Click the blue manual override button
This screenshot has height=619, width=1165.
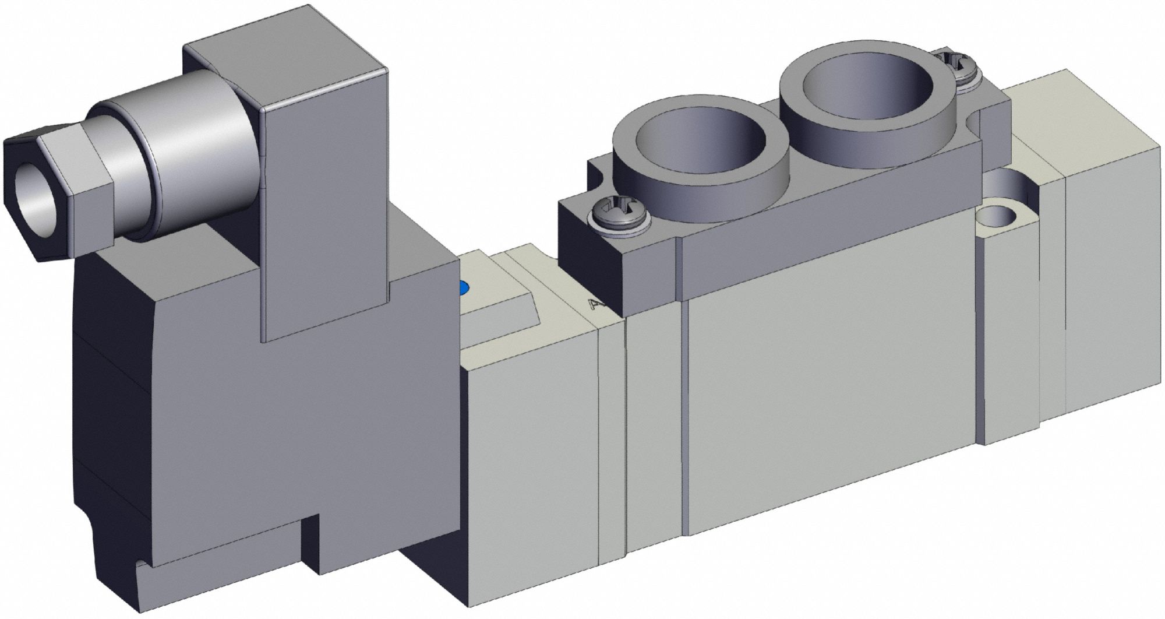coord(464,289)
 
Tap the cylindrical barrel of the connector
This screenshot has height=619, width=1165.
coord(192,157)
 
